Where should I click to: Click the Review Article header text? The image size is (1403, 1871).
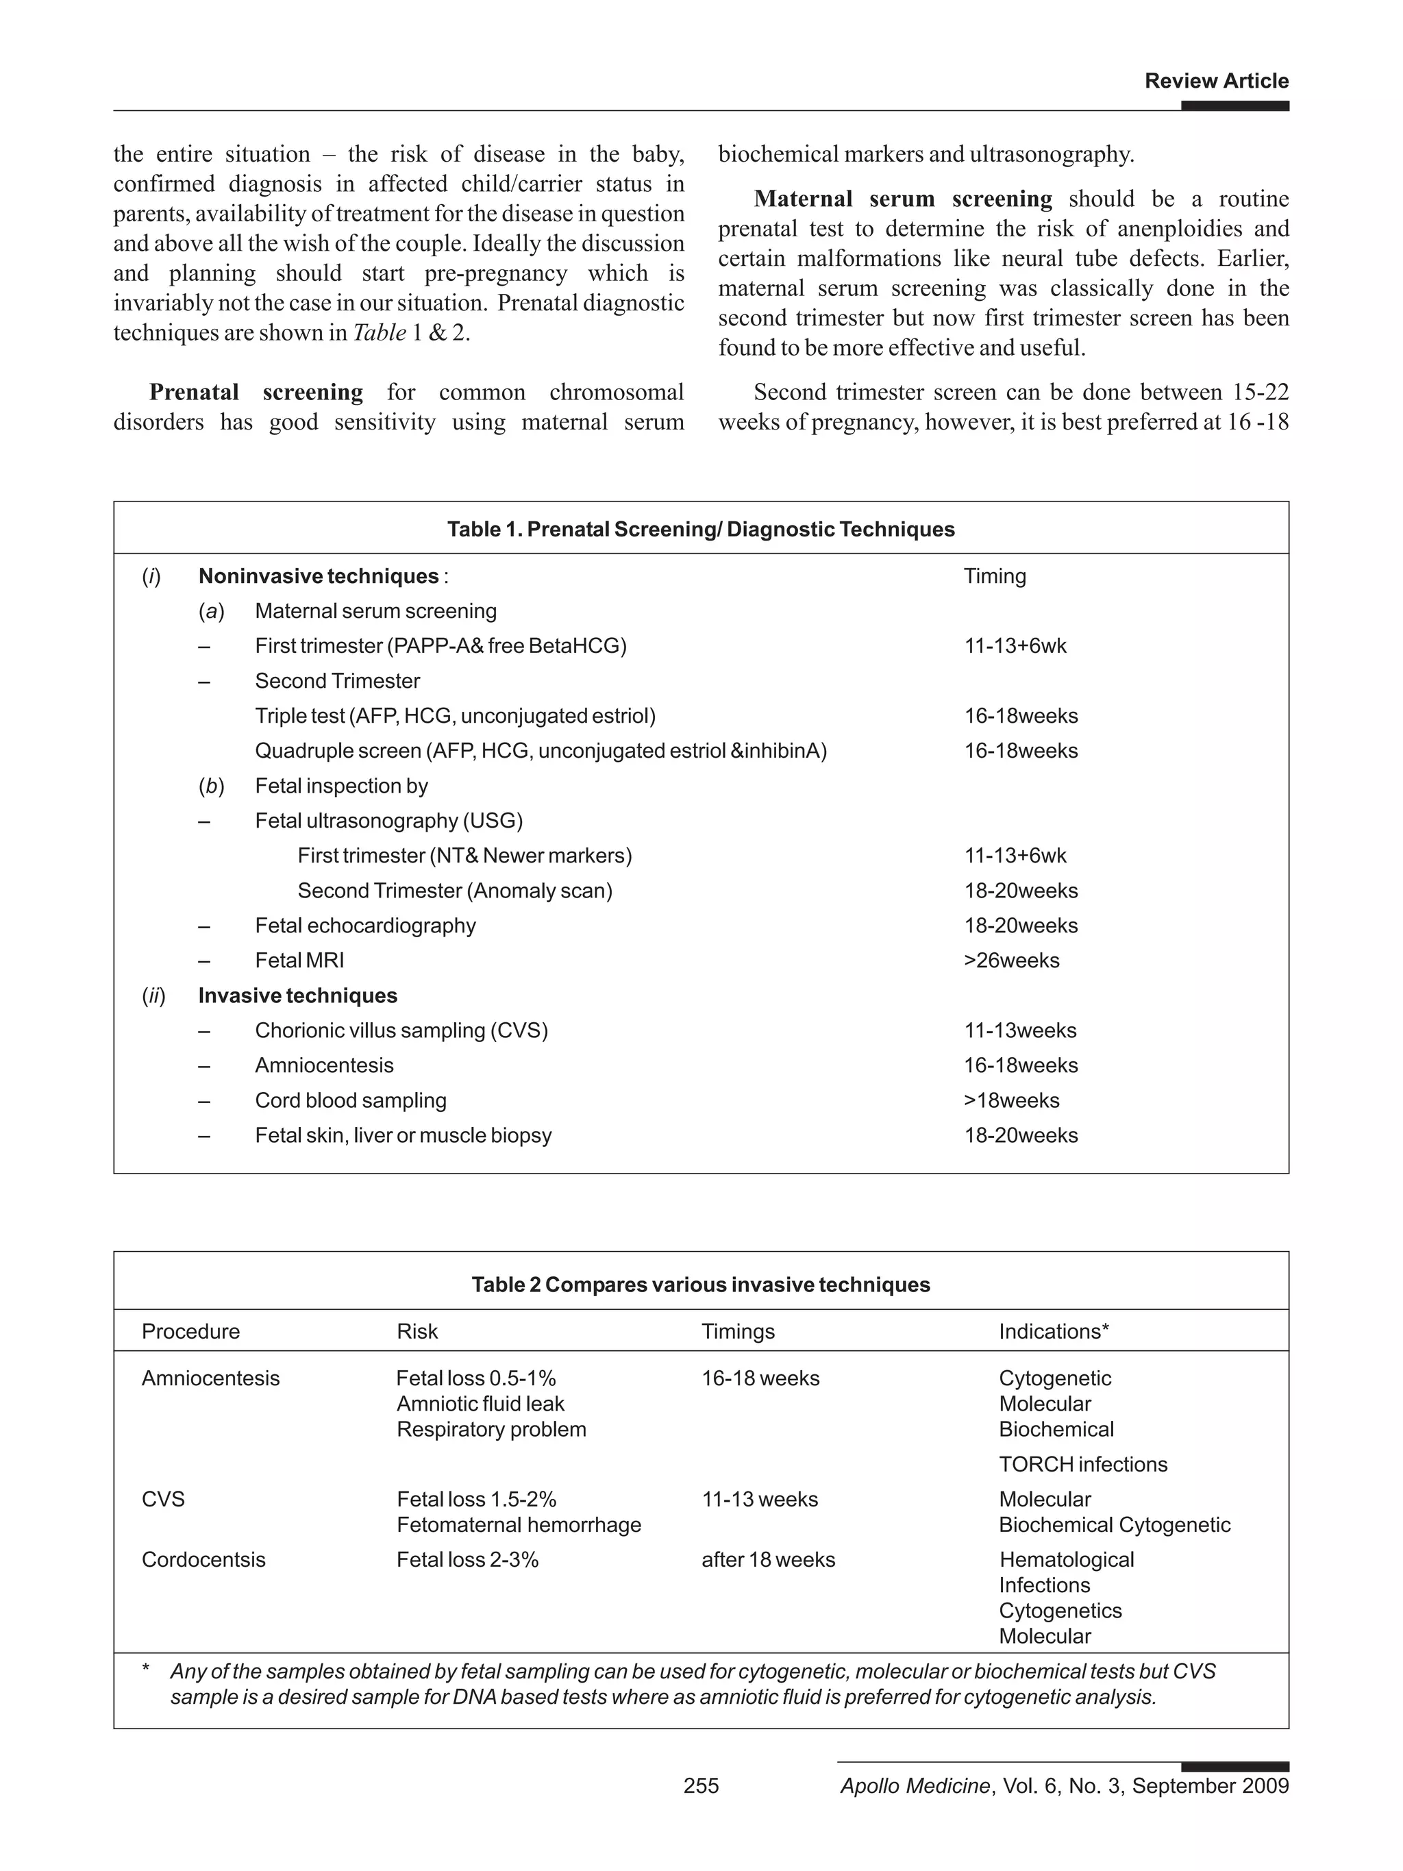[1215, 82]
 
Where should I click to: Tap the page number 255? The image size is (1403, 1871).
[700, 1785]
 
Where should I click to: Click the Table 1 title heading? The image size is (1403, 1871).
[700, 530]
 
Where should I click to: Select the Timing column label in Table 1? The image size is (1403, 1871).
[995, 576]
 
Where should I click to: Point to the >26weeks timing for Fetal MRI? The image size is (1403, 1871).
[1011, 960]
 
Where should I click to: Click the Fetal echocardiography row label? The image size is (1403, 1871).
[365, 926]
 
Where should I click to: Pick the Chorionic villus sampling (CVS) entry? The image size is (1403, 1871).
[401, 1030]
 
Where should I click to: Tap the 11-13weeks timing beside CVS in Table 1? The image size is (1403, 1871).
[1020, 1030]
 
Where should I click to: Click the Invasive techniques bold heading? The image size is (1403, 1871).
[298, 995]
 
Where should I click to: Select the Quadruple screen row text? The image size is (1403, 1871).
[541, 750]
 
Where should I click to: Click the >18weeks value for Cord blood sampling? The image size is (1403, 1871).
[1011, 1100]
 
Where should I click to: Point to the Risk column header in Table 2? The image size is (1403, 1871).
[417, 1331]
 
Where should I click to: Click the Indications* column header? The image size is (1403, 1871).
[1053, 1331]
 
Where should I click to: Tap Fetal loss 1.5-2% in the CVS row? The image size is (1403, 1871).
[476, 1499]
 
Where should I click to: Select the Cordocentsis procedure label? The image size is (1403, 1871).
[203, 1559]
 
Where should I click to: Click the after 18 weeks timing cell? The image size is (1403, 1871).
[767, 1559]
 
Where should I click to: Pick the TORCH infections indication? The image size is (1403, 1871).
[1082, 1464]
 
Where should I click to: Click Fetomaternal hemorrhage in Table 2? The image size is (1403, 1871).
[519, 1524]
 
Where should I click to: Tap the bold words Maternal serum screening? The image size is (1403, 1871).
[902, 199]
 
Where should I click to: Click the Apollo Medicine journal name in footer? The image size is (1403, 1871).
[914, 1785]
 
